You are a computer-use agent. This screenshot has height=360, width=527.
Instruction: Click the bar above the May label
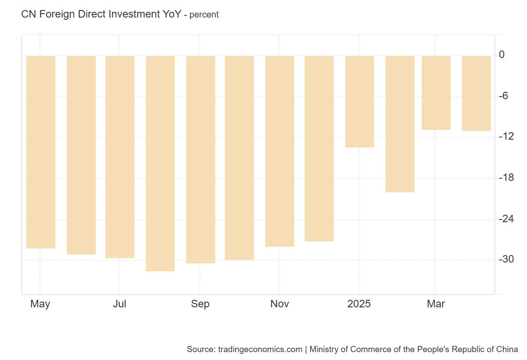click(41, 152)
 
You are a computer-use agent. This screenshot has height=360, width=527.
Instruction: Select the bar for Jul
click(120, 157)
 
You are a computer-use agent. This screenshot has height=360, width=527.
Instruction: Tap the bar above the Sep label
click(201, 159)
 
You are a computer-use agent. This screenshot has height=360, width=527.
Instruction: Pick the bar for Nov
click(280, 151)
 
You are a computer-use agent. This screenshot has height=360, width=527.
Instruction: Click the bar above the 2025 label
click(360, 101)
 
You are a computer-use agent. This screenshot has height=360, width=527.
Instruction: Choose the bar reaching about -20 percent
click(400, 124)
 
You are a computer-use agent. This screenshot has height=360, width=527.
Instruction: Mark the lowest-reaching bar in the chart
click(160, 163)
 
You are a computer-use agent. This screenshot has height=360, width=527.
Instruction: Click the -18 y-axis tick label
click(506, 177)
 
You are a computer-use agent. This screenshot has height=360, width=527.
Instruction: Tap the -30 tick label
click(506, 259)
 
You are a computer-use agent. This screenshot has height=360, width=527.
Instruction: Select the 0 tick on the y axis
click(502, 55)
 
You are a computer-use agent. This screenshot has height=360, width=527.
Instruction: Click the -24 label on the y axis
click(506, 218)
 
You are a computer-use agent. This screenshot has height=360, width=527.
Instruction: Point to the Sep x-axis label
click(200, 304)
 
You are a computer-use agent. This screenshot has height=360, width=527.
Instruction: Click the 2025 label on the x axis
click(359, 304)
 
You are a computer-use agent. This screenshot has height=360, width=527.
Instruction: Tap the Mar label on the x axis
click(436, 304)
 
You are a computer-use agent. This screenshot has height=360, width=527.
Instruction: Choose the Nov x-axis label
click(280, 304)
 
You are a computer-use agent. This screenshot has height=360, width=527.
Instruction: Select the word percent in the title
click(204, 14)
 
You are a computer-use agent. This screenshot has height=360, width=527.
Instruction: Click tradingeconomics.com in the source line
click(260, 349)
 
